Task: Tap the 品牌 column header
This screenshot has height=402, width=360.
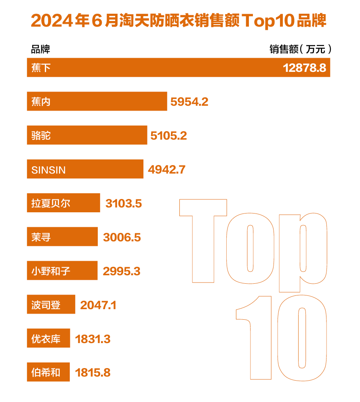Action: (40, 50)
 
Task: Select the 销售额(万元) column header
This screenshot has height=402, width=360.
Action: (301, 50)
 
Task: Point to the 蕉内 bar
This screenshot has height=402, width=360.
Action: (97, 101)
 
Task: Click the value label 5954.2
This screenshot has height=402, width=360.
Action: (189, 102)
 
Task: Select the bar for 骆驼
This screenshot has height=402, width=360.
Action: (87, 135)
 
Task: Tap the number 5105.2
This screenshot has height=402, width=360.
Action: (168, 136)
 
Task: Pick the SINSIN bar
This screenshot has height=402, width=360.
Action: (85, 169)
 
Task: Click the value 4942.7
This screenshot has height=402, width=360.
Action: (166, 170)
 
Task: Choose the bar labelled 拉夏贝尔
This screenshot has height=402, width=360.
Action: (63, 203)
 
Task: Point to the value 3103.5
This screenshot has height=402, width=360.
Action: (123, 203)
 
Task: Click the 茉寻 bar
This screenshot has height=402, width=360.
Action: (62, 237)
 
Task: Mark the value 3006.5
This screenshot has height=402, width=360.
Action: (122, 237)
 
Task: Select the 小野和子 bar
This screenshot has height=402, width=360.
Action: (62, 270)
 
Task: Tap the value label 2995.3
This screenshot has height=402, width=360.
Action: (121, 271)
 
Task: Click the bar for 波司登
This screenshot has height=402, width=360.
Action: (51, 304)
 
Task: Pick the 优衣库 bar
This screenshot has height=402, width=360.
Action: (48, 338)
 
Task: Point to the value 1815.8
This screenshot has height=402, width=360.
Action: (93, 373)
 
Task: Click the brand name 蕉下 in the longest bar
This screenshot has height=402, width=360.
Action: (41, 68)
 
